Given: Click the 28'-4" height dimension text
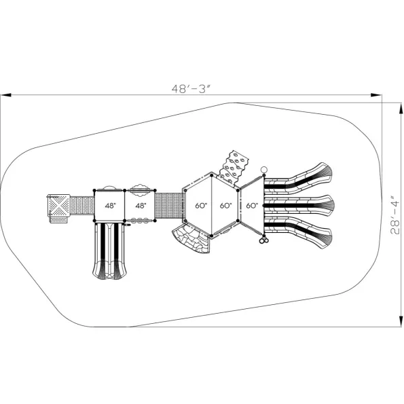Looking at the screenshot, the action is [x=394, y=215].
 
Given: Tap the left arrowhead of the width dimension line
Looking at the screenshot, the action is [x=6, y=95].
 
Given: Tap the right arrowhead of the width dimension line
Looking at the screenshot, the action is [x=376, y=95].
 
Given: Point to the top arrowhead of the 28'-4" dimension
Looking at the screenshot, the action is [x=401, y=108].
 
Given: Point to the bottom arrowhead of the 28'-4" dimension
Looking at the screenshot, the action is [x=401, y=322].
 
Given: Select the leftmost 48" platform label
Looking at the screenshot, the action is [x=110, y=206].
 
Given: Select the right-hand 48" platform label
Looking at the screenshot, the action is [x=141, y=206].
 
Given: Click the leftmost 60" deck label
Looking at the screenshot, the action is [x=201, y=206].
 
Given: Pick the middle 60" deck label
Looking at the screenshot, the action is [x=225, y=206].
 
